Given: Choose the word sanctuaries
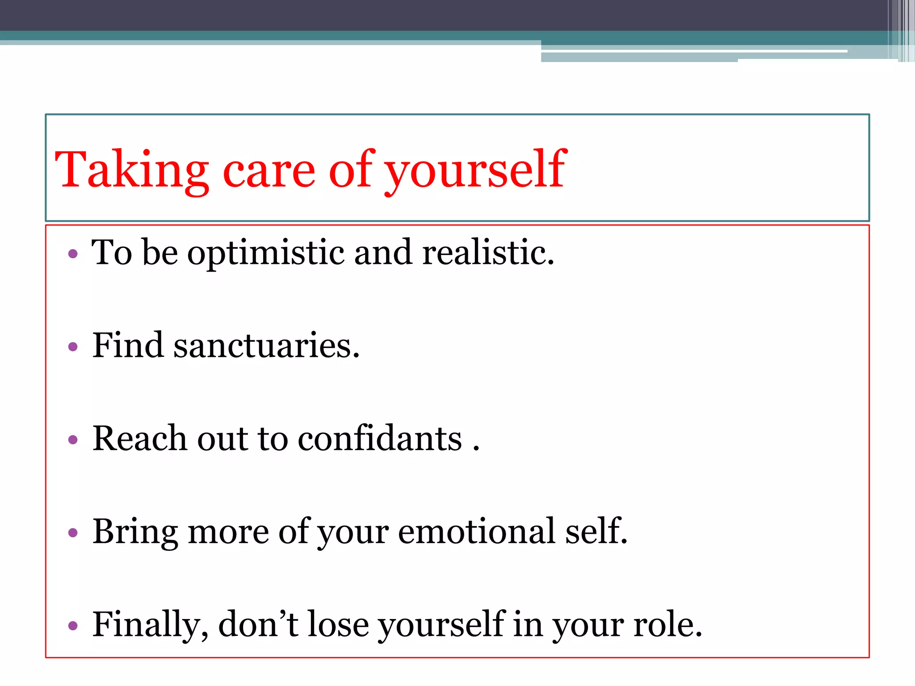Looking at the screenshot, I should click(x=266, y=346).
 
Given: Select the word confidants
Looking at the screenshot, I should click(x=380, y=439).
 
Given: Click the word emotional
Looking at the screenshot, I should click(x=476, y=531).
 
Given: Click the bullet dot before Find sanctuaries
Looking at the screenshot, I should click(x=73, y=347).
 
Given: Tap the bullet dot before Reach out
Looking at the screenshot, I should click(x=73, y=440).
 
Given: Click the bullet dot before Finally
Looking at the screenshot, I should click(x=73, y=626).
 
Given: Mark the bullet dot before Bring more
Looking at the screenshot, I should click(x=73, y=533).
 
